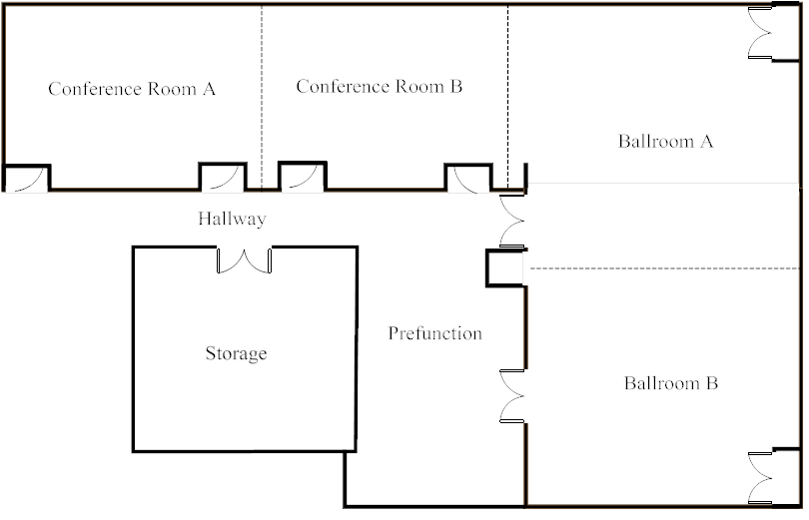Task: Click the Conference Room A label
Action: [132, 89]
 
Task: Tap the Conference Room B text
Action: [380, 86]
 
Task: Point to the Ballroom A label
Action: [665, 141]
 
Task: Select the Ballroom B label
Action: [671, 383]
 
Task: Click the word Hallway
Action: [232, 219]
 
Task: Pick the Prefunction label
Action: [434, 333]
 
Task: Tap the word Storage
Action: [237, 353]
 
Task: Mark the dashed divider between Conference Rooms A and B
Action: [262, 98]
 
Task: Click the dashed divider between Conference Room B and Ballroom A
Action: [507, 98]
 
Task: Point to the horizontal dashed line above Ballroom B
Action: [664, 268]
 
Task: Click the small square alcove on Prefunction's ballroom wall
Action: [505, 268]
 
